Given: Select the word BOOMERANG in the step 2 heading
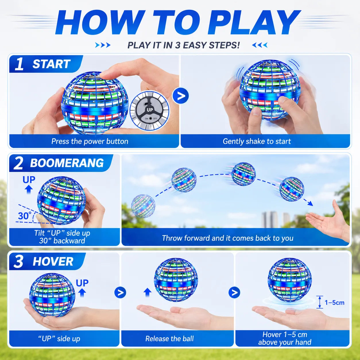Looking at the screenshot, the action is pyautogui.click(x=67, y=163).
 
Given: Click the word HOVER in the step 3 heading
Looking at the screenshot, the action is pyautogui.click(x=53, y=261).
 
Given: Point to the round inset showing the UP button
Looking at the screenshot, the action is pyautogui.click(x=150, y=111).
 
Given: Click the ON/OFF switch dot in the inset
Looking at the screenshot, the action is pyautogui.click(x=151, y=119).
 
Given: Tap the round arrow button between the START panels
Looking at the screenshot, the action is pyautogui.click(x=180, y=96).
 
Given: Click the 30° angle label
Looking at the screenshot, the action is pyautogui.click(x=23, y=216).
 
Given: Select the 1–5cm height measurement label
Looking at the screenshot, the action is pyautogui.click(x=334, y=303).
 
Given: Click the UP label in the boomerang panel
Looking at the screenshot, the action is pyautogui.click(x=29, y=180).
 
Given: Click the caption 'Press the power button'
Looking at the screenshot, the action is pyautogui.click(x=90, y=142).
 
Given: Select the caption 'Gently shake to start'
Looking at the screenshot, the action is pyautogui.click(x=257, y=142).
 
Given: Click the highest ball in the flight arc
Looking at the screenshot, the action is pyautogui.click(x=243, y=174).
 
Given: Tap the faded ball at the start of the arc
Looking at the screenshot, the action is pyautogui.click(x=143, y=206).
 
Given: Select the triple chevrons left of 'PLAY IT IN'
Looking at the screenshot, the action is pyautogui.click(x=102, y=45).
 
